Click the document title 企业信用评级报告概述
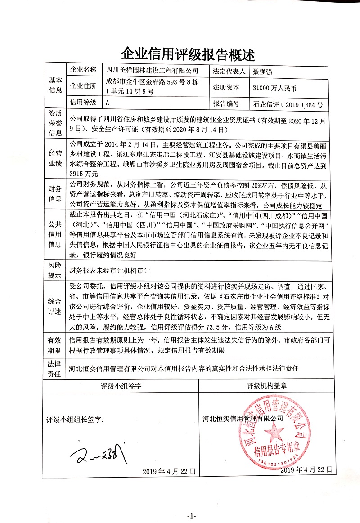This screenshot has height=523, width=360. [x=188, y=54]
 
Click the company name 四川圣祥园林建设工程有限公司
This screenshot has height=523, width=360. [x=152, y=70]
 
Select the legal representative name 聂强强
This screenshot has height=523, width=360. [x=262, y=71]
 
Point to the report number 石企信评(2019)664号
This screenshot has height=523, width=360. [x=288, y=105]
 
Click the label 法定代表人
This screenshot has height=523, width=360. [x=229, y=71]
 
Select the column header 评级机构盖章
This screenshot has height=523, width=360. [x=267, y=386]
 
